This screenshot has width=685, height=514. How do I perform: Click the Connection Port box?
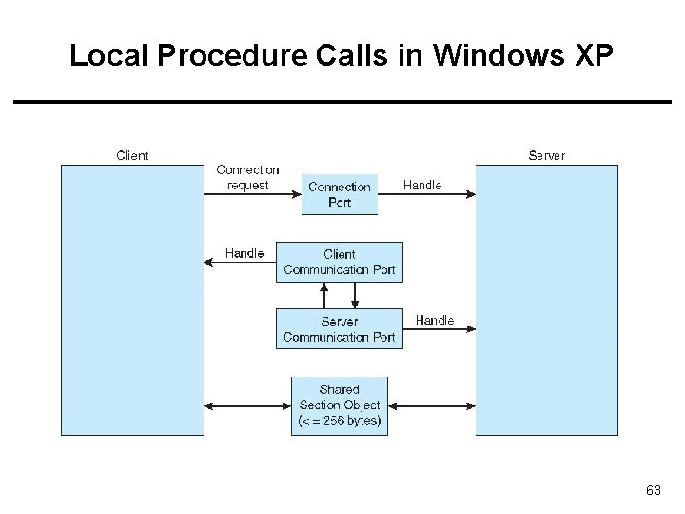(x=340, y=194)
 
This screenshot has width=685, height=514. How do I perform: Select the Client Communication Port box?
(x=340, y=262)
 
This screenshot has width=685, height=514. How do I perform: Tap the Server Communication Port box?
(x=340, y=328)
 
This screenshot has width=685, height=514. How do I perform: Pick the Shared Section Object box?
(x=340, y=405)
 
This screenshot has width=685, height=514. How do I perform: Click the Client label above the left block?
(x=132, y=155)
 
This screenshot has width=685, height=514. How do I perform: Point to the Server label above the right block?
(x=546, y=155)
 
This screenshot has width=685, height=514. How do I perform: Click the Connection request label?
(x=247, y=177)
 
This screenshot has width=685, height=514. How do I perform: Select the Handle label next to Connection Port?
(x=422, y=186)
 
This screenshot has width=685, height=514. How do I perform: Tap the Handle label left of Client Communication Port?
(x=245, y=253)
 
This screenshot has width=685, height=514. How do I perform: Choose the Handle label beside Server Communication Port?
(x=435, y=321)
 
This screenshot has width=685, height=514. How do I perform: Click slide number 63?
(x=653, y=490)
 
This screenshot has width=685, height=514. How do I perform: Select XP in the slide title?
(x=596, y=56)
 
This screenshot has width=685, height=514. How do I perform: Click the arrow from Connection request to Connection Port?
(x=252, y=195)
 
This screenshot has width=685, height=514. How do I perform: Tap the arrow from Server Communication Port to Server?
(x=439, y=330)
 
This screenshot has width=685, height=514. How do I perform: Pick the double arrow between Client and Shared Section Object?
(x=247, y=406)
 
